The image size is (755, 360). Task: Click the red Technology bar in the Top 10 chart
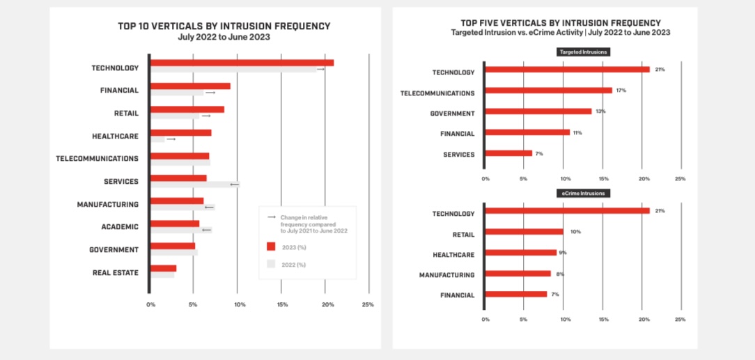pos(242,63)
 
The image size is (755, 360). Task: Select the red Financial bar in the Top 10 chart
pos(190,86)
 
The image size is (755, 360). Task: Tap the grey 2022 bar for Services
pos(195,185)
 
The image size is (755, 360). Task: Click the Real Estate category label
pos(115,272)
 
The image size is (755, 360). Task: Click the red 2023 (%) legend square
pos(271,246)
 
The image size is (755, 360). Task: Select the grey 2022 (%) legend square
pos(271,264)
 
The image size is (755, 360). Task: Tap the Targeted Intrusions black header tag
pos(582,52)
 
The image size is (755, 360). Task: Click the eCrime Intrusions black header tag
pos(582,194)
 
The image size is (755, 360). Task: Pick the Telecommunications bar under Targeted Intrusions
pos(548,91)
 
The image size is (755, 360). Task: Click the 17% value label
pos(621,91)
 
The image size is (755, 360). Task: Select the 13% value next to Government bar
pos(600,111)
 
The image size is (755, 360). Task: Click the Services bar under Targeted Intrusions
pos(508,153)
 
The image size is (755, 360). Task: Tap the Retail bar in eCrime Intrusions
pos(524,232)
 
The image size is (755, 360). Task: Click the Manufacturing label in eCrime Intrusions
pos(446,275)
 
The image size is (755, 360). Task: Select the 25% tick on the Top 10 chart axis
pos(368,304)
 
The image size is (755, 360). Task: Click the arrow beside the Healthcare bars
pos(171,139)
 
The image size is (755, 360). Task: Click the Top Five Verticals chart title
pos(561,23)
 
